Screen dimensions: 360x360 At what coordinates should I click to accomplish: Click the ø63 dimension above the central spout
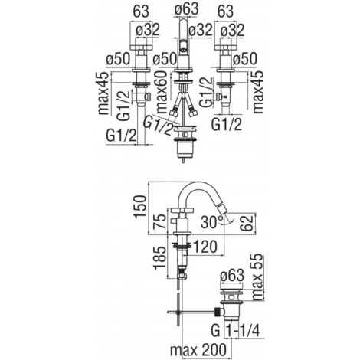186,10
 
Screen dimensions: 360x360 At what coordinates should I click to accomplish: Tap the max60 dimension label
162,92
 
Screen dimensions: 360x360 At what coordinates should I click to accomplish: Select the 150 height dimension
140,206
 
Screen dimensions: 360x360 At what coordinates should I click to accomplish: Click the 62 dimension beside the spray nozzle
247,223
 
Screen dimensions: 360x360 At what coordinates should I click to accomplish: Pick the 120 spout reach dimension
205,247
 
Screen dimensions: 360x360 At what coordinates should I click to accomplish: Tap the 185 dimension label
160,257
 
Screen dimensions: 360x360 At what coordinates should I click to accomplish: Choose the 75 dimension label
161,222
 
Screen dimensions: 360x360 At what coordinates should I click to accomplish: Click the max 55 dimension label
257,277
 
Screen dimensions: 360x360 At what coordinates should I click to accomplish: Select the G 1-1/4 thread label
235,331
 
